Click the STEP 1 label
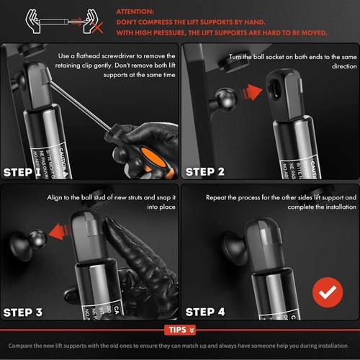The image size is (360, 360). point(30,172)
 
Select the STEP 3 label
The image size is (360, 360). point(30,312)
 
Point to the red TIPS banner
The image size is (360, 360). point(180,330)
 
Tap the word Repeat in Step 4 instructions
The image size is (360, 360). point(219,197)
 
